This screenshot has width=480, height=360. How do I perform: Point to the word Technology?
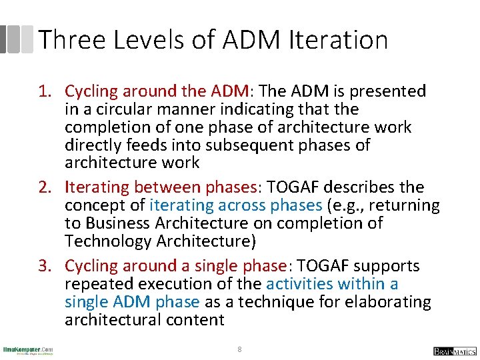(x=107, y=241)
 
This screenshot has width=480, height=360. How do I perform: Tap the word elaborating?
(x=387, y=302)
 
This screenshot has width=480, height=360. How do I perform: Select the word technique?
(x=267, y=302)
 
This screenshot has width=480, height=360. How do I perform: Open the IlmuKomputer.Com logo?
(x=28, y=350)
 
